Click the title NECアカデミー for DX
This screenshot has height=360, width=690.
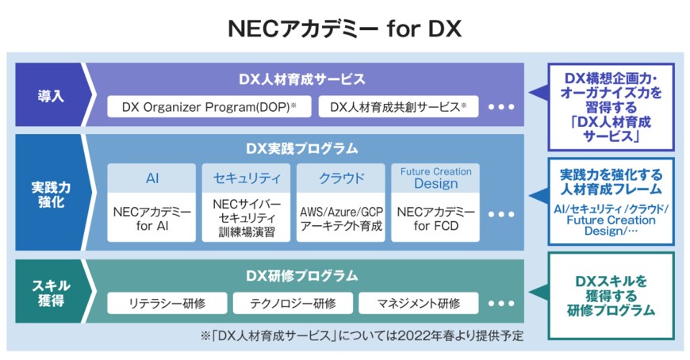coord(344,29)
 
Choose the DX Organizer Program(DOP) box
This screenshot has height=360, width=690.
coord(209,106)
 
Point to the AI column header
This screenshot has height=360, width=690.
coord(152,178)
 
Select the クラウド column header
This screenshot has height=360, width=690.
coord(341,178)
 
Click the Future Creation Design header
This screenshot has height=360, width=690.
coord(435,178)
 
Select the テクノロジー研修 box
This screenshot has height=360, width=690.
coord(292,303)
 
